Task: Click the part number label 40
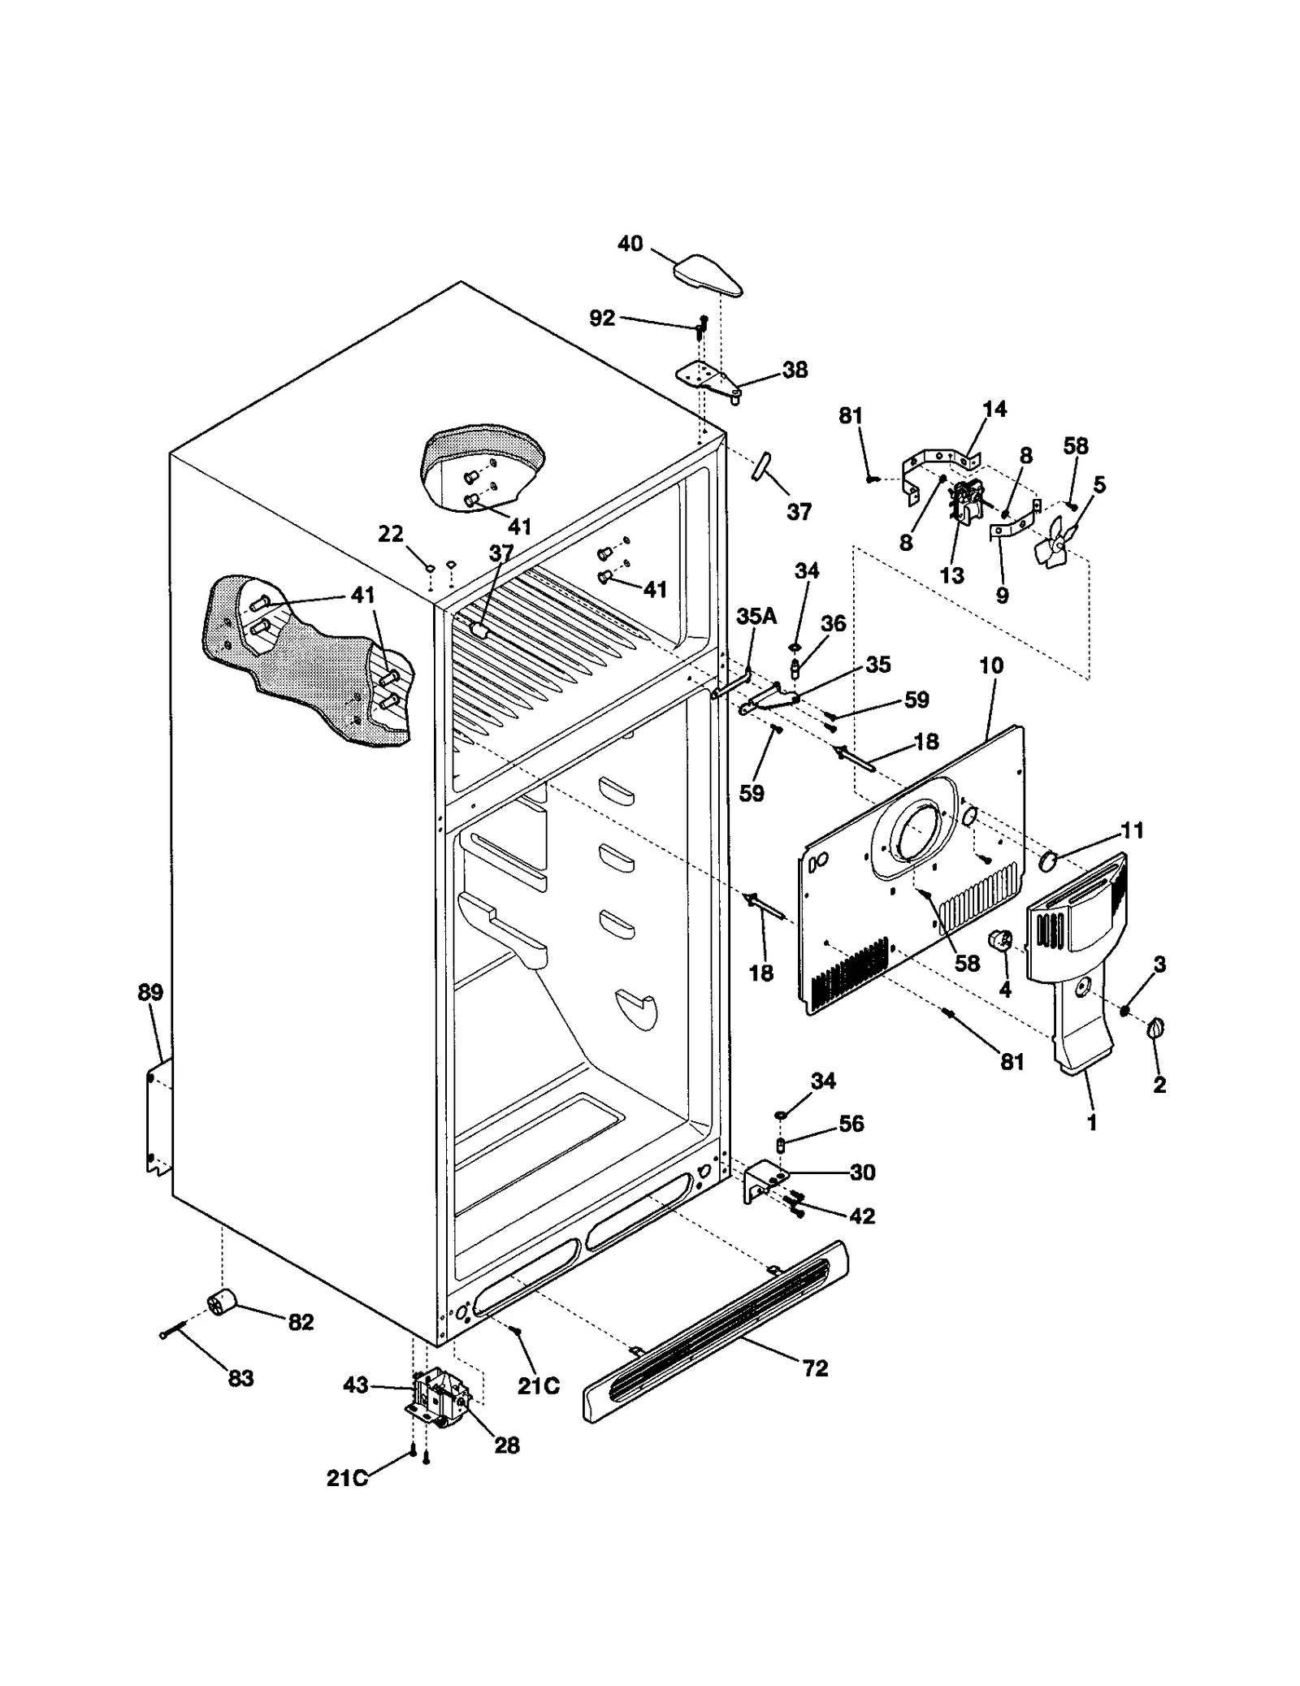click(x=630, y=244)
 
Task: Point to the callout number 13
click(x=951, y=575)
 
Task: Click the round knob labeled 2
click(x=1155, y=1030)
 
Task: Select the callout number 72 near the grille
click(x=815, y=1368)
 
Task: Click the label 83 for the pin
click(x=240, y=1379)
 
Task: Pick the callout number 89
click(x=150, y=992)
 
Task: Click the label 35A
click(x=756, y=617)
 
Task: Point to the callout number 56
click(x=851, y=1123)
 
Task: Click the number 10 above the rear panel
click(x=990, y=665)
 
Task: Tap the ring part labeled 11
click(x=1049, y=858)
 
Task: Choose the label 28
click(x=507, y=1445)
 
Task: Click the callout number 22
click(x=391, y=534)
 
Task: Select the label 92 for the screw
click(x=602, y=319)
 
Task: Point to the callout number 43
click(x=356, y=1385)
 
